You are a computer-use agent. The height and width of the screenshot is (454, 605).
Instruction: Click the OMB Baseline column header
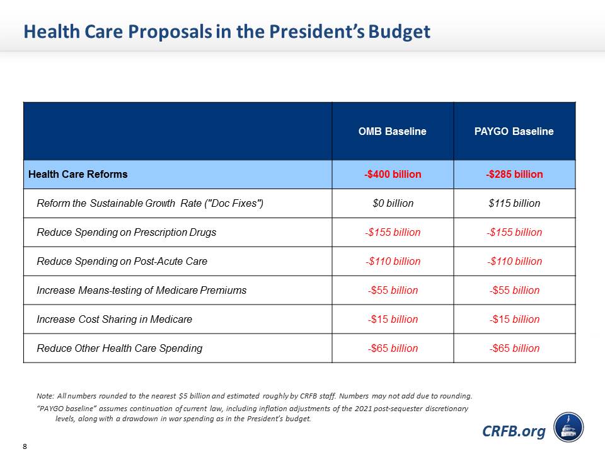[x=393, y=132]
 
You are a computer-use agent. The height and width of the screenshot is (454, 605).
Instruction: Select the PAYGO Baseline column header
[x=514, y=132]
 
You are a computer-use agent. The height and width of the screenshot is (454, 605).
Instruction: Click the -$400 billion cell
[x=393, y=174]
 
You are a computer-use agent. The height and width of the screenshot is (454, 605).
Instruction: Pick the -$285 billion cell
[x=514, y=174]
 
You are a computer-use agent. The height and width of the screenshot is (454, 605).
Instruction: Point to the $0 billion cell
[x=393, y=203]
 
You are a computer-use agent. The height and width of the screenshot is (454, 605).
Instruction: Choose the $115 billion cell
[x=514, y=203]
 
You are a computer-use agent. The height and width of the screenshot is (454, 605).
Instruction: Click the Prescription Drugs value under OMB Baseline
[x=393, y=232]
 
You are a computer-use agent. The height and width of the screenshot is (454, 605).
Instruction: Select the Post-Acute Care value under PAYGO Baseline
[x=514, y=261]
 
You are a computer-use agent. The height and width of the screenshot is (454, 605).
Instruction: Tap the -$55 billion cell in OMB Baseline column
[x=393, y=290]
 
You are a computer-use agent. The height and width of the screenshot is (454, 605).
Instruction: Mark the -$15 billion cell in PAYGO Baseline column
[x=514, y=319]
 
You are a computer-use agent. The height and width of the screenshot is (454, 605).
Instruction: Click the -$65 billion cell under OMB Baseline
[x=393, y=348]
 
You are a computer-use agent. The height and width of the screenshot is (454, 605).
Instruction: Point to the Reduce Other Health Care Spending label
[x=119, y=348]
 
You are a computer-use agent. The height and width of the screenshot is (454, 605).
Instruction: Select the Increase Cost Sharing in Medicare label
[x=114, y=319]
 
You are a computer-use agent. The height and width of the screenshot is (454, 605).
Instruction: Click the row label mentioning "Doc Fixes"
[x=150, y=203]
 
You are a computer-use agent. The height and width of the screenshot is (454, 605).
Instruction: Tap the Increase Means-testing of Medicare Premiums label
[x=141, y=290]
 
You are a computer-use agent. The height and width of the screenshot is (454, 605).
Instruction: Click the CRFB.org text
[x=514, y=431]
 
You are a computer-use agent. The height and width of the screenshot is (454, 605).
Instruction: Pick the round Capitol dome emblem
[x=568, y=427]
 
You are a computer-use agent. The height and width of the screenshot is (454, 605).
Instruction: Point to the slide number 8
[x=25, y=446]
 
